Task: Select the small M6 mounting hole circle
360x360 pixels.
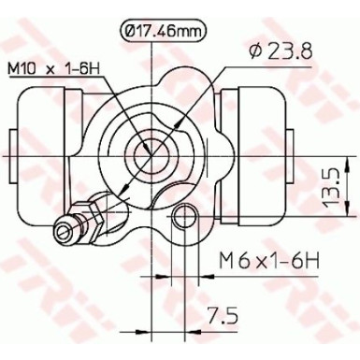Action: (184, 221)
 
